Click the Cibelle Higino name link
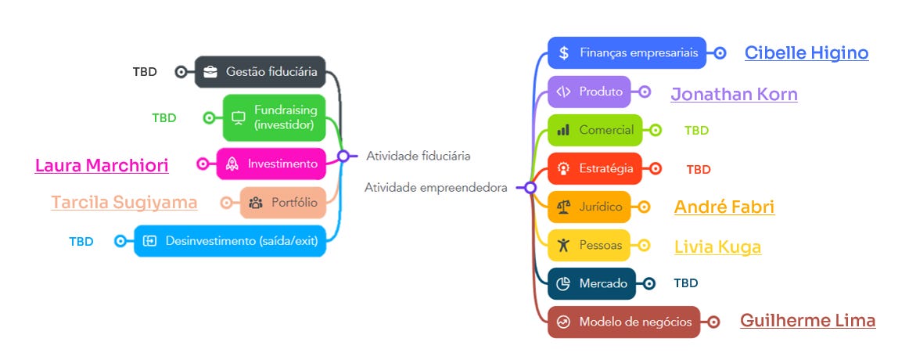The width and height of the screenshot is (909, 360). click(x=807, y=53)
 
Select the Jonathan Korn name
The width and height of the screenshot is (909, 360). click(x=734, y=95)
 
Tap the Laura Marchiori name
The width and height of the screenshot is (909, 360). click(x=102, y=165)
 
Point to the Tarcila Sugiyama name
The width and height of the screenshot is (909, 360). click(x=124, y=203)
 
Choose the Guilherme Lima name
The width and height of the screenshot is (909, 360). click(x=807, y=321)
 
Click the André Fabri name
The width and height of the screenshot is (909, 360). click(x=724, y=207)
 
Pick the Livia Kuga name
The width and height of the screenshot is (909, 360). click(x=717, y=247)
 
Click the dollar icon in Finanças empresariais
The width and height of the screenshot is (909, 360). click(x=564, y=53)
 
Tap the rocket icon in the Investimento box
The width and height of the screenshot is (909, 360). click(x=232, y=164)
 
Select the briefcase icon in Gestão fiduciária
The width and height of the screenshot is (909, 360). click(x=210, y=72)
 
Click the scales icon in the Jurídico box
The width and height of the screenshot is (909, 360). click(x=563, y=207)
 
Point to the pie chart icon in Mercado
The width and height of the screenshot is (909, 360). click(x=563, y=283)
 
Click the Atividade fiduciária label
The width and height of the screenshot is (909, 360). click(x=419, y=156)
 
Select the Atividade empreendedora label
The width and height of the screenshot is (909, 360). click(x=435, y=188)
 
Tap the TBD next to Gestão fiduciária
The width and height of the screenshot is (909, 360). click(x=145, y=72)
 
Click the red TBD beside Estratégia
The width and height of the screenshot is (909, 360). click(x=699, y=169)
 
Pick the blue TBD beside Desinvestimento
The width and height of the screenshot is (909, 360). click(x=81, y=241)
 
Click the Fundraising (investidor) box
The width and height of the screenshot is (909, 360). click(x=274, y=117)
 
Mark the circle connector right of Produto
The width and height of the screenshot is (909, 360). click(x=645, y=92)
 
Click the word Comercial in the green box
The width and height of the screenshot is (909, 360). click(x=606, y=130)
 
